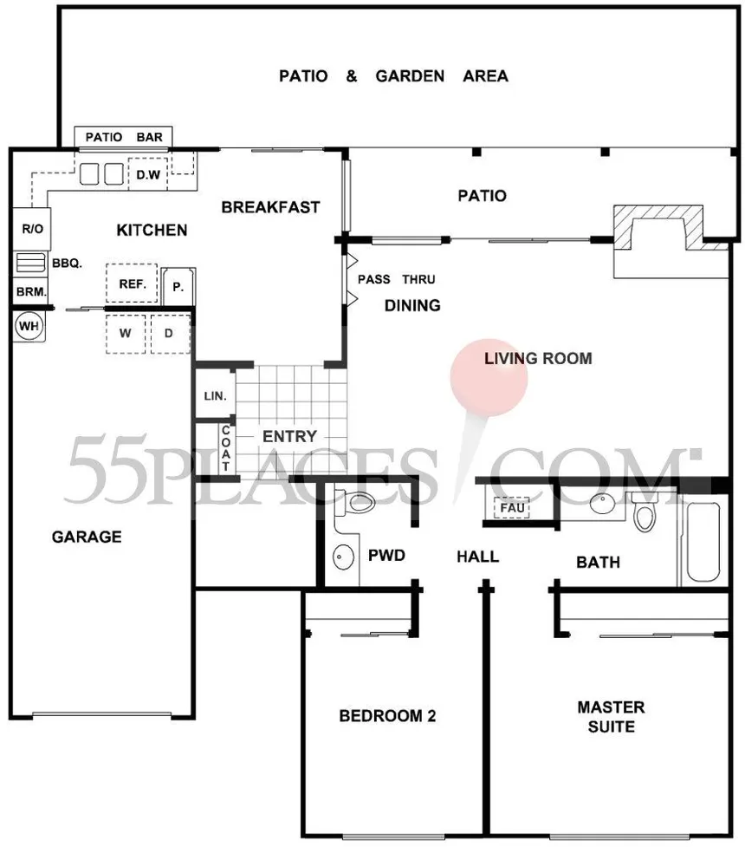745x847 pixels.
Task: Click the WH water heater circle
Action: point(29,326)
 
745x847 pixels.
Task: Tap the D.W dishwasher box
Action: point(148,174)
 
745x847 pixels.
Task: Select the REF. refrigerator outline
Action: point(132,283)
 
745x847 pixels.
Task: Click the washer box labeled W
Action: point(126,333)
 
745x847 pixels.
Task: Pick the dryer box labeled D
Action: point(170,333)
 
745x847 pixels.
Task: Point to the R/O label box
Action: point(32,229)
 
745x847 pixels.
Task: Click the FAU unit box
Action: point(512,508)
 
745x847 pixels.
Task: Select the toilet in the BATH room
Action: point(644,512)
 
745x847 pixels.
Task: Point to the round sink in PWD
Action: point(343,556)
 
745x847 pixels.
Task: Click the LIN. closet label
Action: point(215,396)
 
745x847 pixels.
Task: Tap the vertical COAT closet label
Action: point(225,448)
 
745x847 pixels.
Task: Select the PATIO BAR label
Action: point(124,137)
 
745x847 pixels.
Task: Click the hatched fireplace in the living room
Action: point(670,227)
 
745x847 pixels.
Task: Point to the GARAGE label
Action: point(87,537)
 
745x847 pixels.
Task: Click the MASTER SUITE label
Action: point(611,717)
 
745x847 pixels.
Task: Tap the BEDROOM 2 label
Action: point(387,716)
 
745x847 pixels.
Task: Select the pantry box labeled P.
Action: point(178,286)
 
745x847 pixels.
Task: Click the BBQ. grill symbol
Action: point(30,263)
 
